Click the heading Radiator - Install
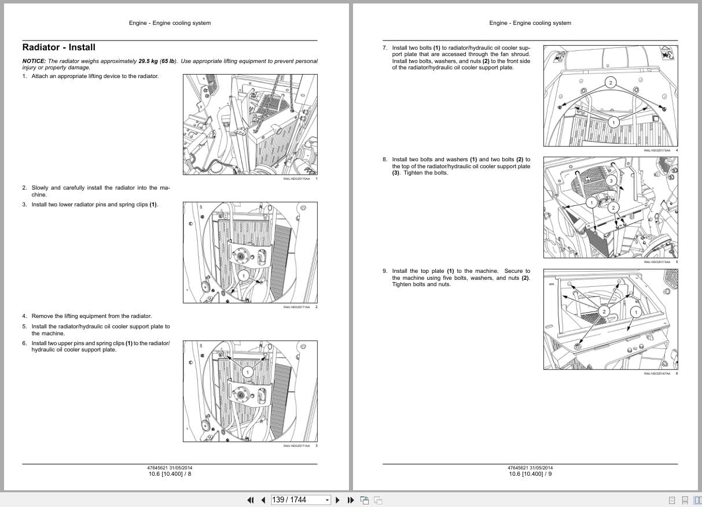[x=58, y=47]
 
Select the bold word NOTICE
[x=34, y=61]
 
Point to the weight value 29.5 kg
[x=148, y=61]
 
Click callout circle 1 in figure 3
[x=247, y=372]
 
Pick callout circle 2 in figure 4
[x=609, y=83]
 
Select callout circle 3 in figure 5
[x=611, y=181]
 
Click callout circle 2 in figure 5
[x=613, y=208]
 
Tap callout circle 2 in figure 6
[x=604, y=312]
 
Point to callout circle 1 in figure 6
[x=635, y=312]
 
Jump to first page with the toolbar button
[x=251, y=500]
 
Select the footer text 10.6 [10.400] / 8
[x=170, y=474]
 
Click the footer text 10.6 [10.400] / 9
[x=530, y=474]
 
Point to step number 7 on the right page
[x=385, y=47]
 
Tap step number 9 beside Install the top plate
[x=385, y=271]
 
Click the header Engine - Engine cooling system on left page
[x=170, y=23]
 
